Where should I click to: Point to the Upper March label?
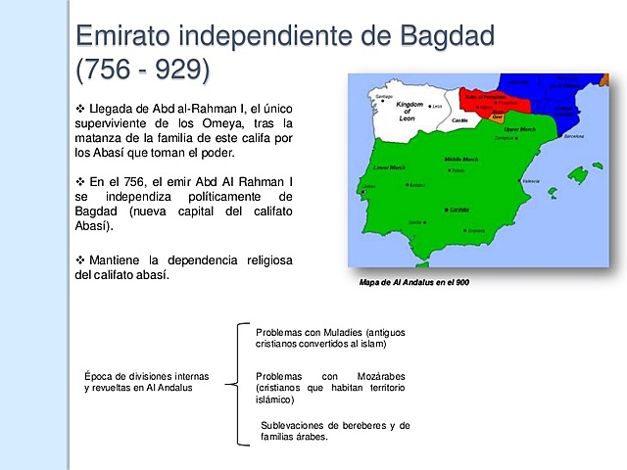point(519,129)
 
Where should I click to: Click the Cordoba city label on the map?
point(458,210)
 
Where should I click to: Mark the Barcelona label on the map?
point(574,136)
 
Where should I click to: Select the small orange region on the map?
point(497,117)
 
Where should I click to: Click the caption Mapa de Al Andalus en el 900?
point(415,282)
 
